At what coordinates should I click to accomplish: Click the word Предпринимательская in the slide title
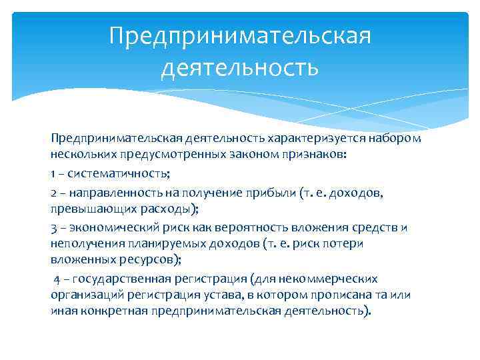click(x=240, y=35)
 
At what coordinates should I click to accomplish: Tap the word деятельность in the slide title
click(x=240, y=67)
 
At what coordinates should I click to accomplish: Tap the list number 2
click(x=54, y=192)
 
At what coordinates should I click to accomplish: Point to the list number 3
click(x=54, y=227)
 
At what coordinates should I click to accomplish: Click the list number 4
click(x=58, y=279)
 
